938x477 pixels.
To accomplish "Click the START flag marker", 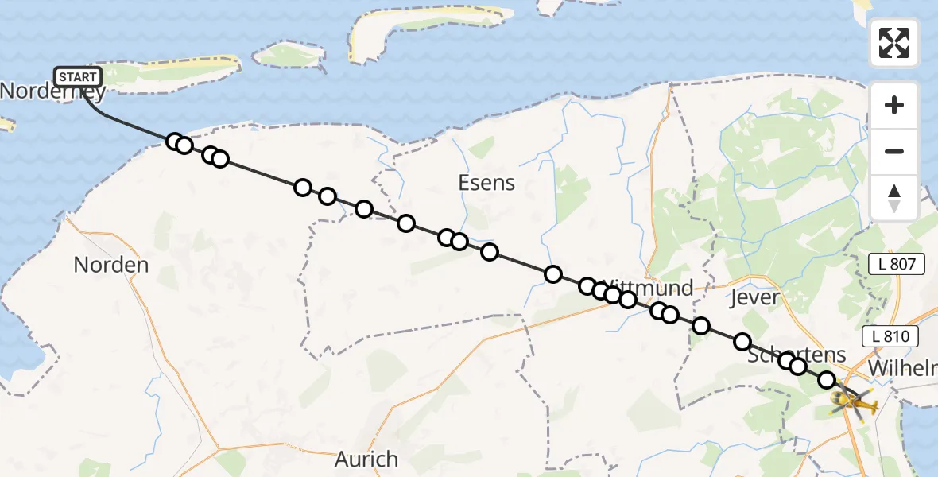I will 78,77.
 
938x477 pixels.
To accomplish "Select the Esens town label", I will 486,183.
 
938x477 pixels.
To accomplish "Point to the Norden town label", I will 111,265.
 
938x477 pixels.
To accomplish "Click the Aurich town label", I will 366,459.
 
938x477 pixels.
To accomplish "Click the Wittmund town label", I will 648,287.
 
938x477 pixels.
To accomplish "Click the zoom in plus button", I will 894,105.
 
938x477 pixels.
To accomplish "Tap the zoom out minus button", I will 894,151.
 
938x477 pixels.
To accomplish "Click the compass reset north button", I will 894,198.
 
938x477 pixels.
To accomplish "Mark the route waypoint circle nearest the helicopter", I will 827,380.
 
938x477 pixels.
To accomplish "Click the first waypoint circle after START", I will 175,142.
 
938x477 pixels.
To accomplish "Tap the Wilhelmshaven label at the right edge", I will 903,369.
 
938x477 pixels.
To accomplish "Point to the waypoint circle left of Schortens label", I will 742,342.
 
